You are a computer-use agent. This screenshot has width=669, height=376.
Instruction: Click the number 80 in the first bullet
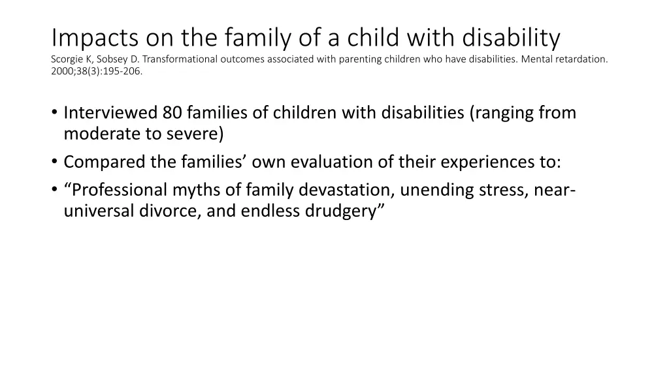click(x=172, y=113)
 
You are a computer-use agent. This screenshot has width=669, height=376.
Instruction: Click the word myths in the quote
click(x=193, y=190)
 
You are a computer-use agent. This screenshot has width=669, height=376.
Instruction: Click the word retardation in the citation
click(x=579, y=59)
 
